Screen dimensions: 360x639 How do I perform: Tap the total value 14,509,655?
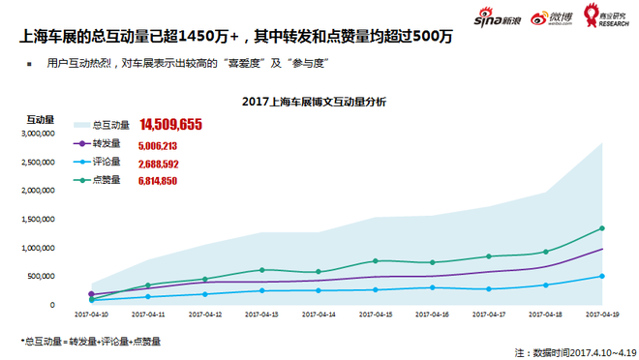[x=170, y=124]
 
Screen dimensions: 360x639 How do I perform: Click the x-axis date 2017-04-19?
[x=601, y=315]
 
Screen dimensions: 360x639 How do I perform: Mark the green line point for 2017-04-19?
[x=601, y=228]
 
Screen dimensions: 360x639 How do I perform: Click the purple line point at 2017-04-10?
[x=92, y=294]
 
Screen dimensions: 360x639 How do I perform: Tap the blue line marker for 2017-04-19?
[x=601, y=276]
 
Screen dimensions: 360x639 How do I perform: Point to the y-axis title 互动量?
[x=40, y=119]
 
